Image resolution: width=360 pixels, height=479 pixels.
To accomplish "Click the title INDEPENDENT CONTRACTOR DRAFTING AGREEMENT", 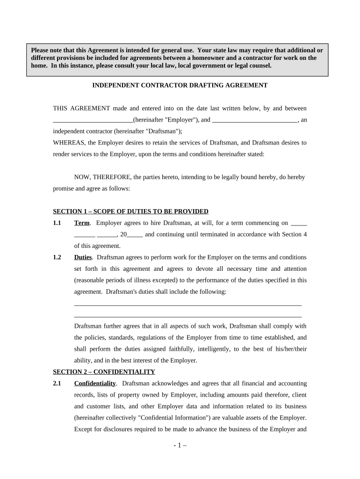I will [x=180, y=85].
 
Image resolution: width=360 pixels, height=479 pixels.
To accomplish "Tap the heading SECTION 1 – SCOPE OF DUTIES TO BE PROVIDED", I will [x=130, y=211].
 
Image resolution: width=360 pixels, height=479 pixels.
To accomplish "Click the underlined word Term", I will [x=82, y=223].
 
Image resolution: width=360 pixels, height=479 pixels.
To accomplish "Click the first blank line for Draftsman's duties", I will [x=188, y=305].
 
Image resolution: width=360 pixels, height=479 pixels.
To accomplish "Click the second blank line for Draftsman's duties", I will [x=188, y=317].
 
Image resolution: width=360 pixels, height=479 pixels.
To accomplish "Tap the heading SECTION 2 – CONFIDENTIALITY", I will [x=104, y=372].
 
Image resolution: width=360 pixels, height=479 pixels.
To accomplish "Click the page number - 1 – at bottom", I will [x=180, y=445].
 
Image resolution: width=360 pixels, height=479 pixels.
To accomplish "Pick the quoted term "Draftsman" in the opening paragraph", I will [x=164, y=131].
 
